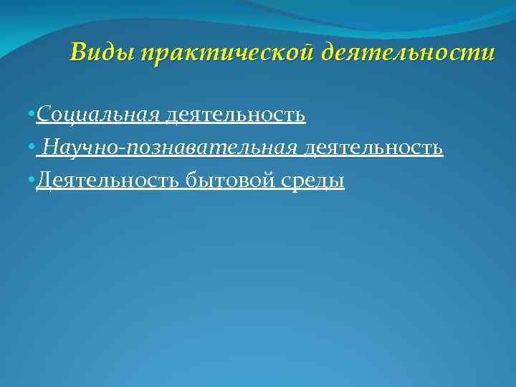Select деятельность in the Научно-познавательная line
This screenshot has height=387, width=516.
point(373,148)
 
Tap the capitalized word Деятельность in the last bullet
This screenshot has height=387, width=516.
point(107,181)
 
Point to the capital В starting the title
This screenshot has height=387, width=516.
point(78,53)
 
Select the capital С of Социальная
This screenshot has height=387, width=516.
point(42,114)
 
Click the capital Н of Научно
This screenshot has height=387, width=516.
point(50,148)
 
